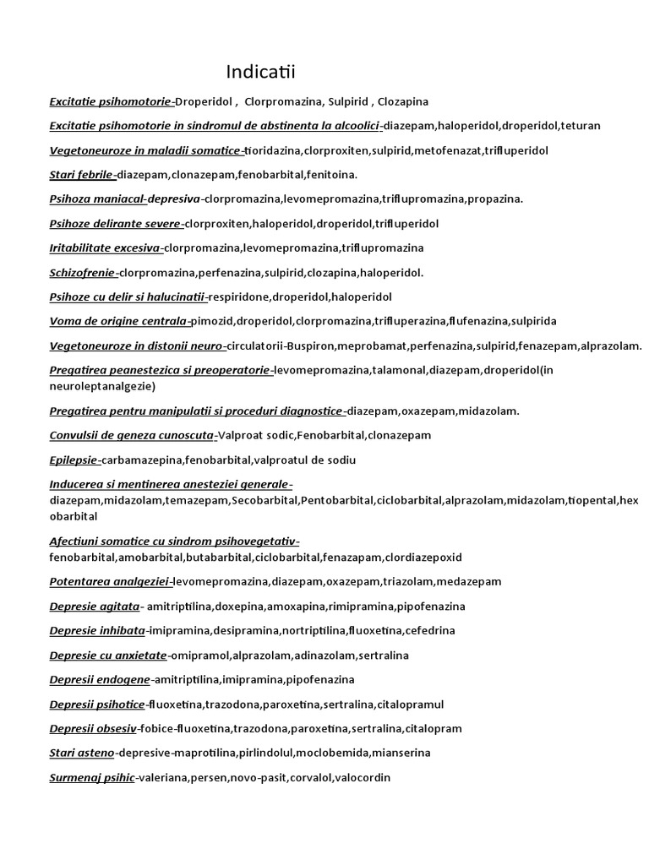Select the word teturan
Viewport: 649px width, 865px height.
pyautogui.click(x=581, y=126)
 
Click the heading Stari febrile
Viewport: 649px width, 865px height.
pyautogui.click(x=81, y=175)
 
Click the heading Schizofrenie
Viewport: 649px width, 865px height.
pyautogui.click(x=83, y=273)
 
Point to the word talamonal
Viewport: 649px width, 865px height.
pyautogui.click(x=400, y=371)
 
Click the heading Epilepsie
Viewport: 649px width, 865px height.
pyautogui.click(x=74, y=460)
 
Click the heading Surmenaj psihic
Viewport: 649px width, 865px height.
pyautogui.click(x=92, y=778)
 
